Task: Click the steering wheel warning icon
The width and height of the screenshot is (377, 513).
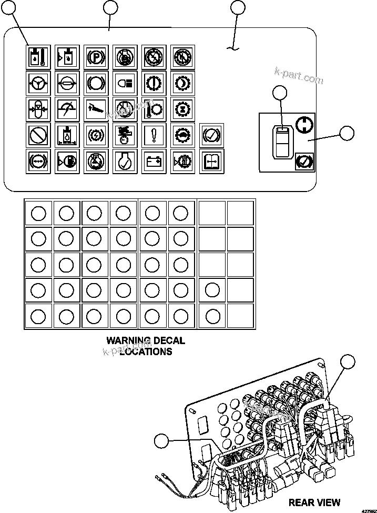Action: coord(38,83)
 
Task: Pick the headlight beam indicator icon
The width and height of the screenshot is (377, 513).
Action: coord(125,83)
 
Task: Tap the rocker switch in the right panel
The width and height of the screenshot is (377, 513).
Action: coord(282,141)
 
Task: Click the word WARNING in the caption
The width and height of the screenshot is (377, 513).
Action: coord(126,341)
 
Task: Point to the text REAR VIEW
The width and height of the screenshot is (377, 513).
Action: coord(314,502)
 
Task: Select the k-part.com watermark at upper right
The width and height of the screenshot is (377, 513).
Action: coord(298,76)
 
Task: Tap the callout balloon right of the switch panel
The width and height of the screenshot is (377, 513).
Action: coord(347,133)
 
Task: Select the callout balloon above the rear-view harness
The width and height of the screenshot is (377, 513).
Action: coord(348,363)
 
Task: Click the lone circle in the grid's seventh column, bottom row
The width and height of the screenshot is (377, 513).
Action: coord(212,316)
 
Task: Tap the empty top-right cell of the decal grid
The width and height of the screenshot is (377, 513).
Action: coord(240,213)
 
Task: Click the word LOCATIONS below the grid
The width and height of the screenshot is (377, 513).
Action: coord(146,351)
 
